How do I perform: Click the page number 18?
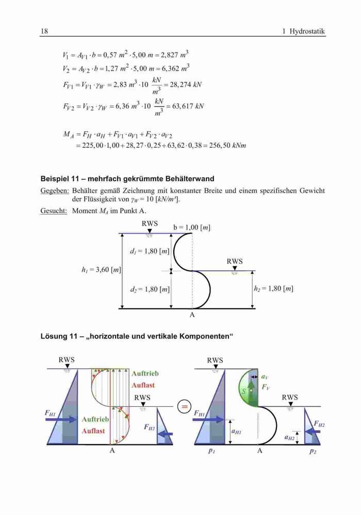point(44,31)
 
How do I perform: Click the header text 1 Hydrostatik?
point(303,31)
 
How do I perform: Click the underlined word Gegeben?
point(55,191)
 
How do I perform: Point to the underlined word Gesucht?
point(54,211)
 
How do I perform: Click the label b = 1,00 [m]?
point(192,227)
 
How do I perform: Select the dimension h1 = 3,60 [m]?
point(101,270)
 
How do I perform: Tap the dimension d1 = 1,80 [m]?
point(150,252)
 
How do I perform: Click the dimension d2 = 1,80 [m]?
point(150,289)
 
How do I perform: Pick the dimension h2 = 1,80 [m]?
point(273,289)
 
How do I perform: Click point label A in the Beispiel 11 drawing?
point(192,315)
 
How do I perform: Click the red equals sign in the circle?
point(185,407)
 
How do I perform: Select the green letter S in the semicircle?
point(244,391)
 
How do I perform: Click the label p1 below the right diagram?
point(212,451)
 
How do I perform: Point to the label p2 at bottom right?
point(313,451)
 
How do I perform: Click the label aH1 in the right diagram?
point(236,432)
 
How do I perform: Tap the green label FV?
point(266,387)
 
